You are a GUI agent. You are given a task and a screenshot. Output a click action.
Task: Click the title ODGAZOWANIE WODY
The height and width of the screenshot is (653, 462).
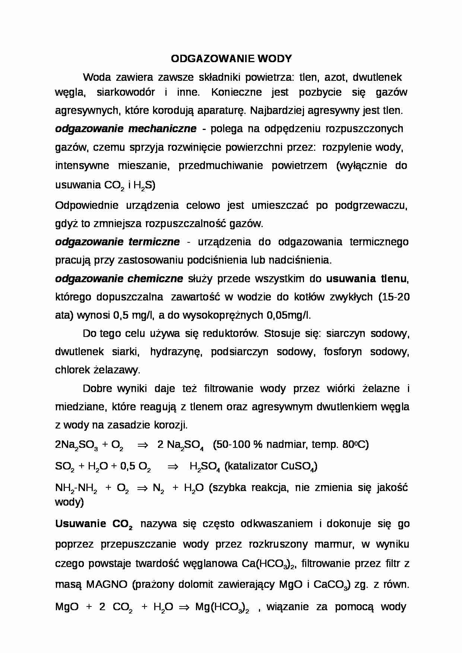click(231, 58)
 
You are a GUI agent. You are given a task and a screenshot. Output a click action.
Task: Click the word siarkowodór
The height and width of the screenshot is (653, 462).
click(126, 92)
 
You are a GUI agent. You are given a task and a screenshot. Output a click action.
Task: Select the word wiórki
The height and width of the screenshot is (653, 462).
click(341, 389)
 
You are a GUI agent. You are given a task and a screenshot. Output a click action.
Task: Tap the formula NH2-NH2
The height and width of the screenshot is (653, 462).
click(76, 488)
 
